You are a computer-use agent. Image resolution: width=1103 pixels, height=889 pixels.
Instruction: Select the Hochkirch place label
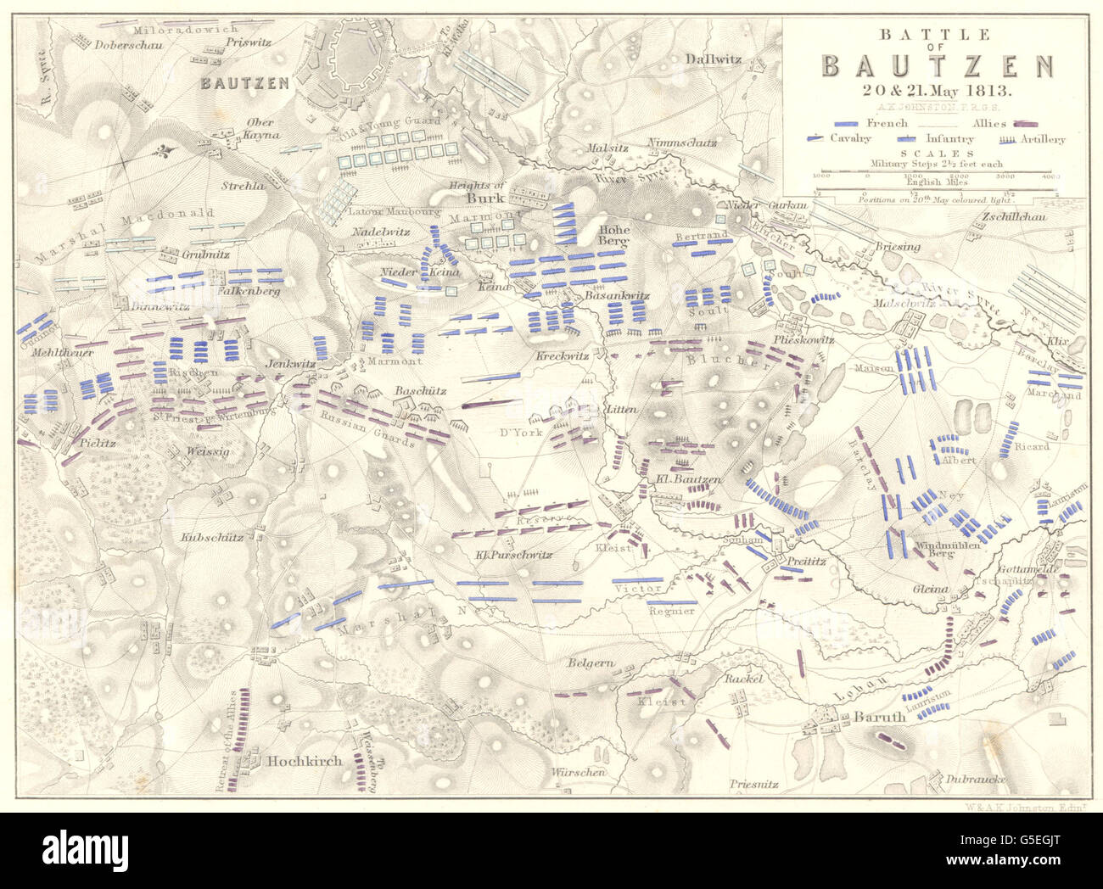[305, 761]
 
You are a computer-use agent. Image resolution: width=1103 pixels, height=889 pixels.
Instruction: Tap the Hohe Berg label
[613, 234]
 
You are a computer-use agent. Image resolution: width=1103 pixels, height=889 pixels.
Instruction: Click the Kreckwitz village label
[562, 355]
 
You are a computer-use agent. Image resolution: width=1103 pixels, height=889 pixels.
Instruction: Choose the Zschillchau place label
[1013, 216]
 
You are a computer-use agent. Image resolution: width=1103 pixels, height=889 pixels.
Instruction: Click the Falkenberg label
[255, 290]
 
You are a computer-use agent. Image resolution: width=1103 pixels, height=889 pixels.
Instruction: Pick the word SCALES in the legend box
[936, 154]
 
